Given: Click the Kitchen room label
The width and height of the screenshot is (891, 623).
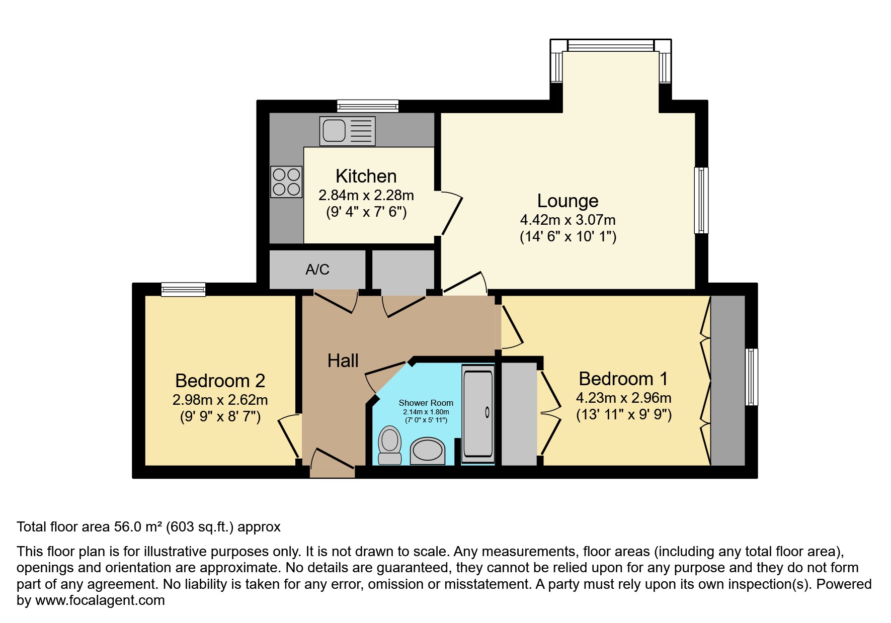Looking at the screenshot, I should (366, 176).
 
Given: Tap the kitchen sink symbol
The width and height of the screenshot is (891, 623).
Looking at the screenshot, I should (347, 131).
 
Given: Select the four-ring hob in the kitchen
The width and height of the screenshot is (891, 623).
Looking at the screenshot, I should (286, 182).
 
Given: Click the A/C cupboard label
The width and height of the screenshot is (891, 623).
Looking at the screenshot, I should (317, 270).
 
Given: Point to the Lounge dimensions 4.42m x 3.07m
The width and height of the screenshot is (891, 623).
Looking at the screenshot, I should (568, 220).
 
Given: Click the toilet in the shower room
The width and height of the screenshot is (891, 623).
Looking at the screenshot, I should (389, 445).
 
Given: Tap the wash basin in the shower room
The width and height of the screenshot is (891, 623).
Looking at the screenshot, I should (428, 450).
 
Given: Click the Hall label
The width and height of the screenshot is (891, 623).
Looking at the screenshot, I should (343, 361).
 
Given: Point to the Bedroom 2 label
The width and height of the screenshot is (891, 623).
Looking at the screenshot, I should (220, 381).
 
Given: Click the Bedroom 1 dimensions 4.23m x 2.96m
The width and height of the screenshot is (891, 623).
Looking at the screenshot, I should (623, 398).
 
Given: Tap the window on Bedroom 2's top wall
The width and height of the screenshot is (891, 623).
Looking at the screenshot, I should (183, 289).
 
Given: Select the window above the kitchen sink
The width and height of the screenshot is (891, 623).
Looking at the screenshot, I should (368, 106).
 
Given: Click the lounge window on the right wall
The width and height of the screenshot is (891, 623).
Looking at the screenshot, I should (701, 200).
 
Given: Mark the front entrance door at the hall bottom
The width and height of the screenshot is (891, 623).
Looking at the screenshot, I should (332, 465).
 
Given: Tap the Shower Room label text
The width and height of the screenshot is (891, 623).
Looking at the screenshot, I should (426, 403).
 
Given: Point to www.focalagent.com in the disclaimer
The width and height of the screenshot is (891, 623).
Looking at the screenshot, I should (100, 600).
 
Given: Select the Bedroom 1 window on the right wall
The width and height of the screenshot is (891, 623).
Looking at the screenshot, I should (751, 377).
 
